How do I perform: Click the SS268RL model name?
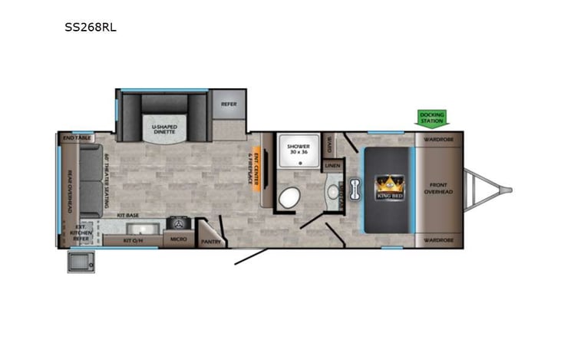(x=91, y=26)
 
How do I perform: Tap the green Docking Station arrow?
(x=432, y=117)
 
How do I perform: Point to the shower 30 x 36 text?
(x=298, y=149)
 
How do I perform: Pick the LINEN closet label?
(x=332, y=165)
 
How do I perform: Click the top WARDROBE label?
(x=438, y=140)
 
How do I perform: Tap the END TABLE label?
(x=78, y=137)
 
